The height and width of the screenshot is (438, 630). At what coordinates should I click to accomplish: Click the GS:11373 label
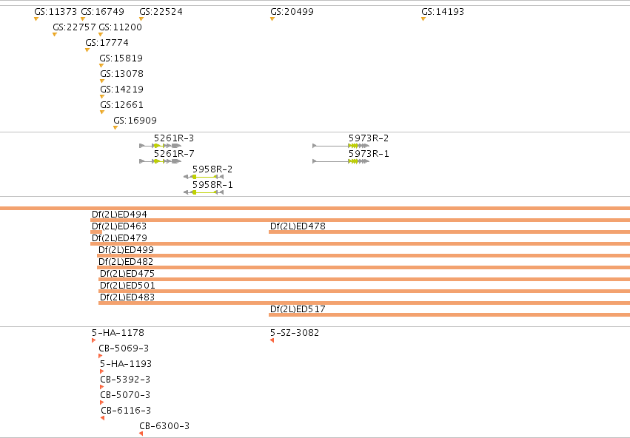click(56, 12)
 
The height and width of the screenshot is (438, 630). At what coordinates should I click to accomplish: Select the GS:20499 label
click(292, 12)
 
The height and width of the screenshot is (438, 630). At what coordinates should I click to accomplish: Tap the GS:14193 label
click(443, 12)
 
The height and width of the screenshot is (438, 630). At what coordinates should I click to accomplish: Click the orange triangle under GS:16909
click(115, 128)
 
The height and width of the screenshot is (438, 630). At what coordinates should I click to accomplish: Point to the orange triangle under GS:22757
click(55, 35)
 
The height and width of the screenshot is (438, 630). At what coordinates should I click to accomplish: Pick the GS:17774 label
click(107, 43)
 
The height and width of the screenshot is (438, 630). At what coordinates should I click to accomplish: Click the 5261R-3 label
click(174, 138)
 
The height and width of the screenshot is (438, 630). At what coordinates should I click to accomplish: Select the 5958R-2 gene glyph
click(204, 177)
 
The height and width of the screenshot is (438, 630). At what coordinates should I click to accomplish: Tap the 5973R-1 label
click(369, 154)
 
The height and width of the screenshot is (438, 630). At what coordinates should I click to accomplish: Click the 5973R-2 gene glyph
click(341, 146)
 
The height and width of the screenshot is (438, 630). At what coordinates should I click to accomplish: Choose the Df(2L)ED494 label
click(119, 215)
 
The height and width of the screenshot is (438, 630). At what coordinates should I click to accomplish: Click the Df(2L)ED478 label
click(298, 226)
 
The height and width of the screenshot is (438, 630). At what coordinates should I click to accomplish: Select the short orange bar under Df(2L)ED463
click(96, 232)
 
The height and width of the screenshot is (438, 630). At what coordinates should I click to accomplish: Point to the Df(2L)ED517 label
click(298, 309)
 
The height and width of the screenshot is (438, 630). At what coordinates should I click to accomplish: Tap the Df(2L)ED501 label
click(127, 286)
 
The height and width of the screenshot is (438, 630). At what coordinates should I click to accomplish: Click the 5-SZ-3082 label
click(295, 333)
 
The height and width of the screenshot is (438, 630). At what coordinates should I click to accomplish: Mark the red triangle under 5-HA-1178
click(93, 340)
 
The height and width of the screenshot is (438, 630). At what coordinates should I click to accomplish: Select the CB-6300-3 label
click(164, 426)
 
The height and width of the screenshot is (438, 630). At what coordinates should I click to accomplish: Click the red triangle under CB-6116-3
click(102, 418)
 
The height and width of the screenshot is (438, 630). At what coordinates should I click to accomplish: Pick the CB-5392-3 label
click(125, 380)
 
